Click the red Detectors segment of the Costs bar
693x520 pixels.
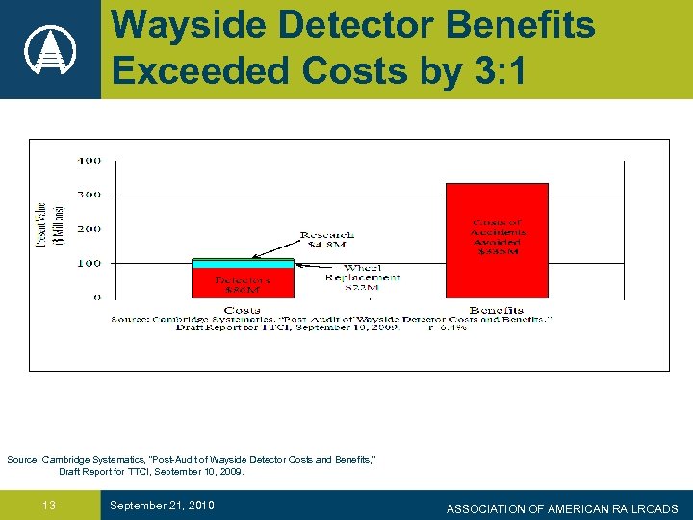coord(243,281)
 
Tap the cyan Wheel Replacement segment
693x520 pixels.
coord(243,263)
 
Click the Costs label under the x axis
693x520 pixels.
coord(242,309)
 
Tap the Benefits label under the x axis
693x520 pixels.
coord(497,309)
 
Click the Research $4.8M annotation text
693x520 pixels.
coord(326,240)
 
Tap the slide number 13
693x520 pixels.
coord(49,506)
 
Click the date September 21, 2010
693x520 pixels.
coord(162,506)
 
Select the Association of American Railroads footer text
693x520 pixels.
coord(562,508)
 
